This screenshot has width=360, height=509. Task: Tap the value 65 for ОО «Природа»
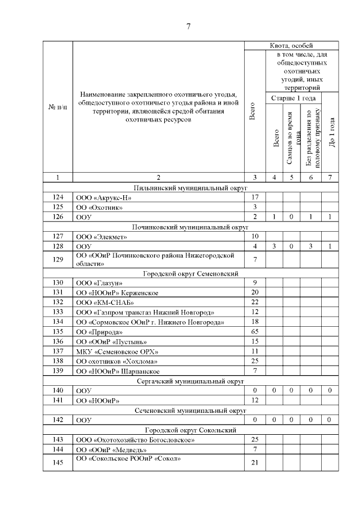click(x=255, y=332)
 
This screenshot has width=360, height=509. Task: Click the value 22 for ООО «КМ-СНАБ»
click(x=255, y=302)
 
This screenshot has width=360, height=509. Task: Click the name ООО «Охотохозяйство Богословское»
click(x=135, y=440)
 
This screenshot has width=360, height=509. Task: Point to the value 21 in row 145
click(x=255, y=462)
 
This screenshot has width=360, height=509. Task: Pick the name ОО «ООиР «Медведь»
click(x=112, y=450)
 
